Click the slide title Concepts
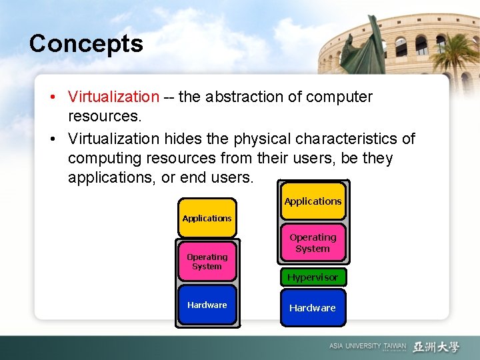[x=86, y=44]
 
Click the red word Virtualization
[x=113, y=97]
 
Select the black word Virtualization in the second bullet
[x=113, y=139]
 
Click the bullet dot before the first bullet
[x=52, y=97]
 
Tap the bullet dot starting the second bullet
[x=52, y=139]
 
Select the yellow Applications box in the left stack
[x=207, y=218]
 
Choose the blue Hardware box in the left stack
[x=207, y=305]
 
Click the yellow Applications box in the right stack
[x=313, y=201]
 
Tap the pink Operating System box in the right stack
[x=313, y=243]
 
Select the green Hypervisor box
[x=313, y=277]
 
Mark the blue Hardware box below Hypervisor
[x=313, y=308]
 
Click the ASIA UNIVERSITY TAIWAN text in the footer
[x=367, y=347]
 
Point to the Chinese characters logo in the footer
[x=436, y=347]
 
